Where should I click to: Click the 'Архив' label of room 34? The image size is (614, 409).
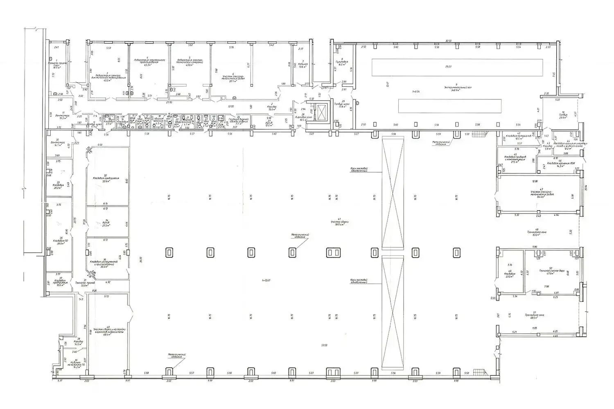[x=106, y=223]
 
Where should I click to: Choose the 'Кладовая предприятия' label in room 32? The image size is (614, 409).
[x=106, y=178]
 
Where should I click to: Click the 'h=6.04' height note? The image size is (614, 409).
[x=416, y=92]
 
